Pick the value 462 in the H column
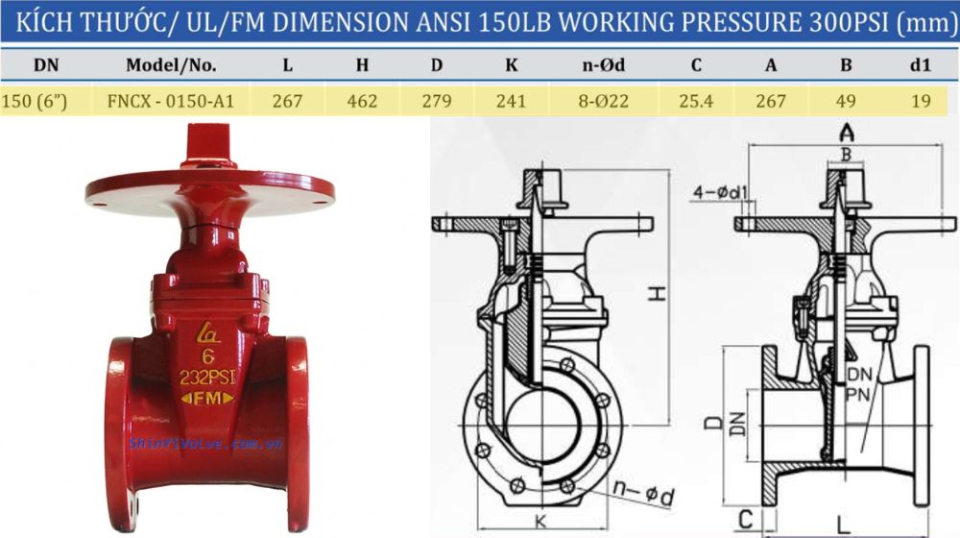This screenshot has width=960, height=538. (362, 100)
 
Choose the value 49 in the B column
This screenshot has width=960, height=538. (846, 100)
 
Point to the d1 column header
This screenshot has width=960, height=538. (921, 66)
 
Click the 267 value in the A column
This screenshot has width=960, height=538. (770, 100)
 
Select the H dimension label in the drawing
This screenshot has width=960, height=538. (656, 295)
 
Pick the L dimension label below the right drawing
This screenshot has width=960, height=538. (842, 525)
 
